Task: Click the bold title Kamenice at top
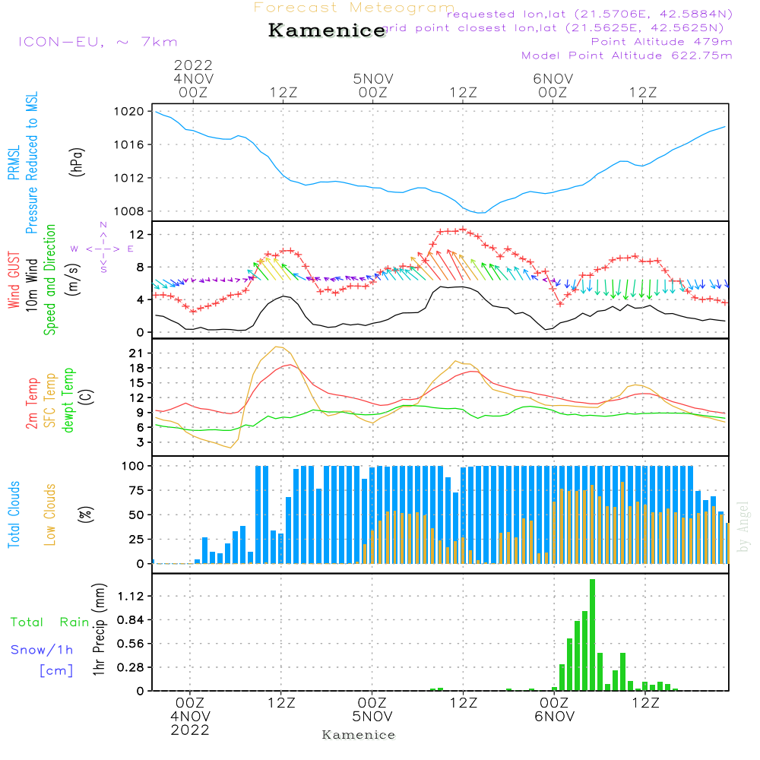pyautogui.click(x=327, y=31)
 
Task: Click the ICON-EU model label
pyautogui.click(x=97, y=43)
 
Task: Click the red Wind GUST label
pyautogui.click(x=14, y=281)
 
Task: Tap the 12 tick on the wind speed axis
pyautogui.click(x=138, y=233)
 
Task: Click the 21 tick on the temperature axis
pyautogui.click(x=138, y=353)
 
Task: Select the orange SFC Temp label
pyautogui.click(x=50, y=401)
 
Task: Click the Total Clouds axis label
pyautogui.click(x=14, y=515)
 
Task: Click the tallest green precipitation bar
pyautogui.click(x=592, y=635)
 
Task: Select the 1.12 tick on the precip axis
pyautogui.click(x=131, y=597)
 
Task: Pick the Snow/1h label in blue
pyautogui.click(x=43, y=650)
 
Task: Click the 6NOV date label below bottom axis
pyautogui.click(x=554, y=717)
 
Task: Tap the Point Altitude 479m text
pyautogui.click(x=661, y=41)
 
